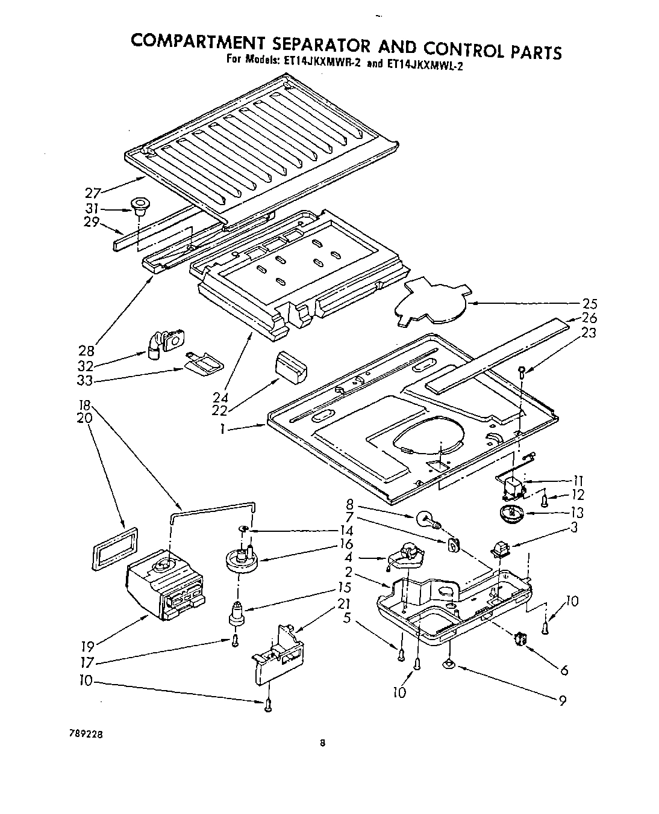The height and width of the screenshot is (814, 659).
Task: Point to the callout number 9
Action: tap(562, 700)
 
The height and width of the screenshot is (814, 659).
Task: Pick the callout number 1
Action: tap(223, 428)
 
